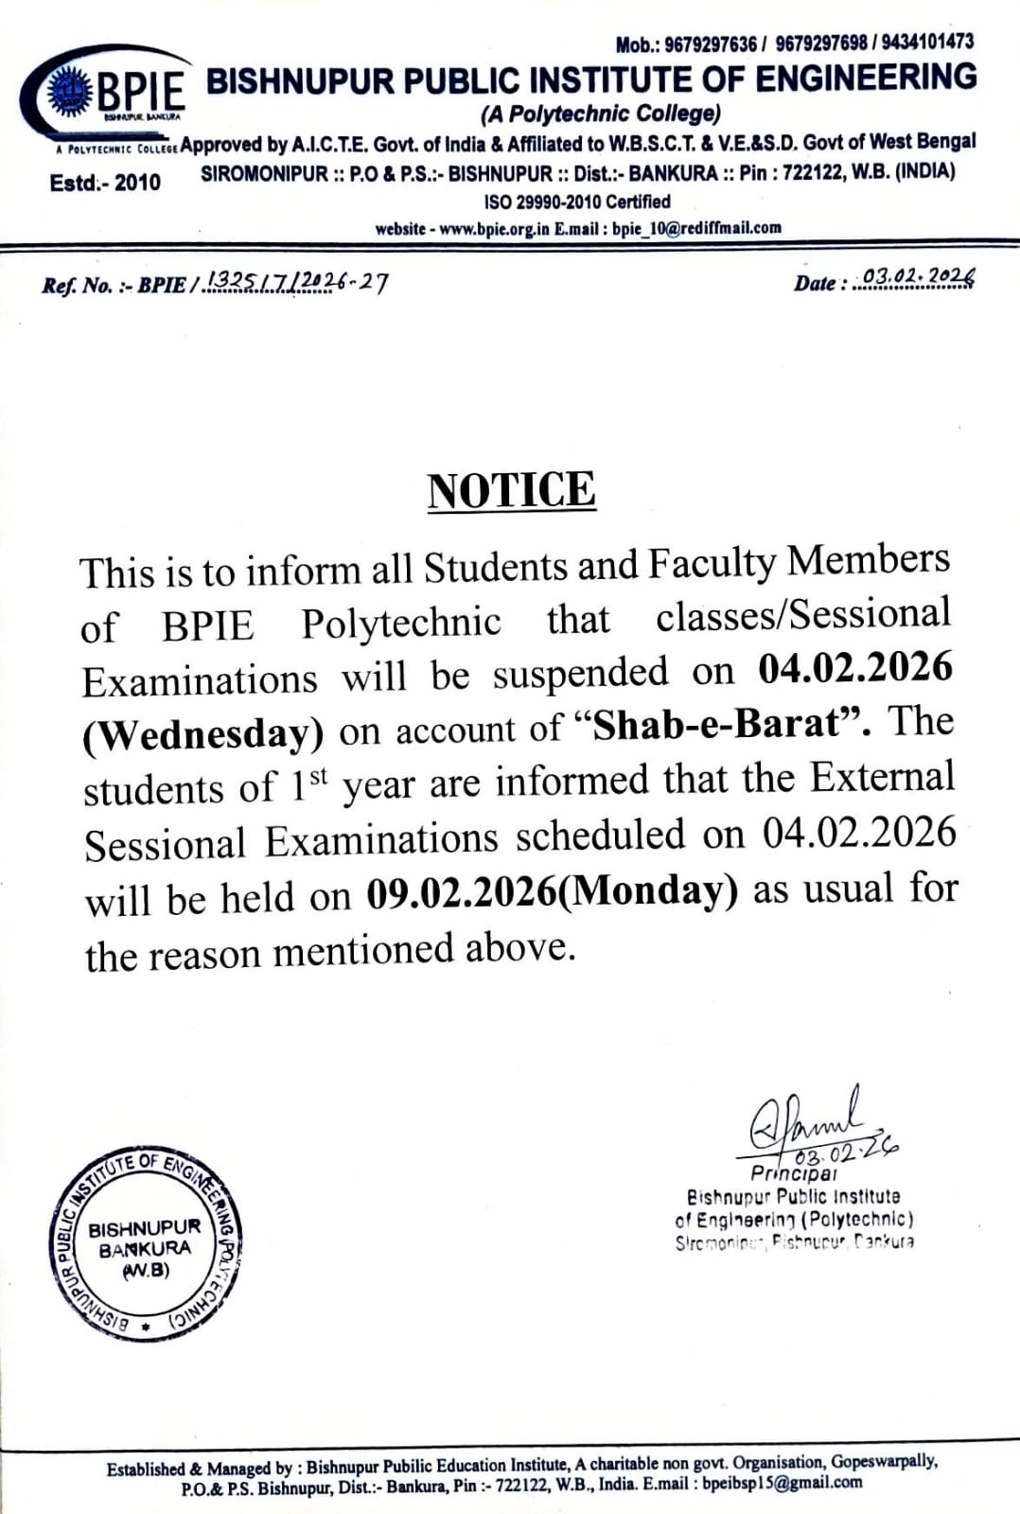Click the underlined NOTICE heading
pyautogui.click(x=511, y=490)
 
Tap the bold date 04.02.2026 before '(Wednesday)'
pyautogui.click(x=855, y=668)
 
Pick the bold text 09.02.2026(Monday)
pyautogui.click(x=552, y=891)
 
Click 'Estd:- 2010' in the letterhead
pyautogui.click(x=105, y=182)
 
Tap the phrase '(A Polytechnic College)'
pyautogui.click(x=602, y=114)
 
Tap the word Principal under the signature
pyautogui.click(x=793, y=1173)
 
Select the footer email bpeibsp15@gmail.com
pyautogui.click(x=782, y=1483)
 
